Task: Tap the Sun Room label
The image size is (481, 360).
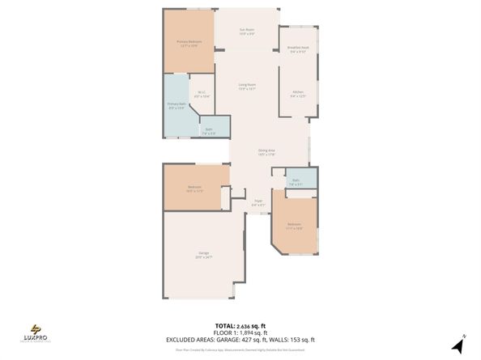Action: click(247, 32)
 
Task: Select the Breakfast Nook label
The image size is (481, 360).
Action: click(298, 50)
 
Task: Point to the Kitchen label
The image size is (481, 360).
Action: click(298, 94)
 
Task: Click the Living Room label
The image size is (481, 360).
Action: click(247, 87)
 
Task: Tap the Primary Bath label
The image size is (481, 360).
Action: click(177, 106)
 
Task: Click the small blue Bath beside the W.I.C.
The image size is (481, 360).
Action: click(208, 130)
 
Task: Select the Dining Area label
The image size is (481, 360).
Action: click(266, 152)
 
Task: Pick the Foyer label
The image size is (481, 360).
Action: click(258, 202)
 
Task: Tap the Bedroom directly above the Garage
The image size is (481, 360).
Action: click(194, 189)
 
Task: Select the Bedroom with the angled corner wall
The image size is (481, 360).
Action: click(293, 226)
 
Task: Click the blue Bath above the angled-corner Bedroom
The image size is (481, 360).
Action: click(296, 182)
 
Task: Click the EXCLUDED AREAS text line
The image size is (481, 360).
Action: click(240, 340)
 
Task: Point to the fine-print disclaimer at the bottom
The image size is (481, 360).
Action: click(240, 349)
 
